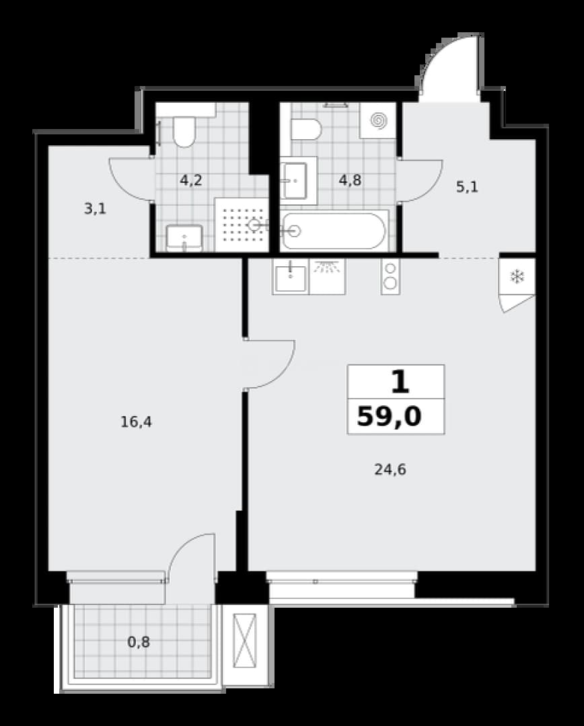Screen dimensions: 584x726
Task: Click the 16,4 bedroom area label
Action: [137, 421]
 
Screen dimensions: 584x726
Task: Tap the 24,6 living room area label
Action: [390, 469]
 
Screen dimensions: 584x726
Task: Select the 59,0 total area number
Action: [390, 416]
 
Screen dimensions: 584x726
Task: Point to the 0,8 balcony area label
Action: [139, 642]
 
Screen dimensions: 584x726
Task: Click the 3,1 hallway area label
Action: [95, 209]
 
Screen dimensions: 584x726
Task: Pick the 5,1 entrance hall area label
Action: [467, 187]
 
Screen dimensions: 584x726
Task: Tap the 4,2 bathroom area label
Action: [191, 179]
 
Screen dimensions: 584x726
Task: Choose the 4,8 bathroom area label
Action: [350, 179]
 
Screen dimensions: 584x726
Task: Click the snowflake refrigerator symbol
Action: [516, 277]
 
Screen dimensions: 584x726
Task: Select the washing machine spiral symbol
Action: [379, 120]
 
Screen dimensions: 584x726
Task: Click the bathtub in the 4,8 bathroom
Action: [334, 231]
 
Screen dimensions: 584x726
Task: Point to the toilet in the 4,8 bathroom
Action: [306, 129]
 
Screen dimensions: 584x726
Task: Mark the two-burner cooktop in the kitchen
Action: [391, 276]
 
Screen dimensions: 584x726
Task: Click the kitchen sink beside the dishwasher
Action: [291, 277]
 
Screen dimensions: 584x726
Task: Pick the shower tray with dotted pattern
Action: [242, 225]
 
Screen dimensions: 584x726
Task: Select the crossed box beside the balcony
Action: [245, 641]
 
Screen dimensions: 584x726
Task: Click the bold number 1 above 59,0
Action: [400, 382]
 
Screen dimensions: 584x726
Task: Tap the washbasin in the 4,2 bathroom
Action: [184, 237]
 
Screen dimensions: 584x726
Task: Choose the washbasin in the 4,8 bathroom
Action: [293, 181]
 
